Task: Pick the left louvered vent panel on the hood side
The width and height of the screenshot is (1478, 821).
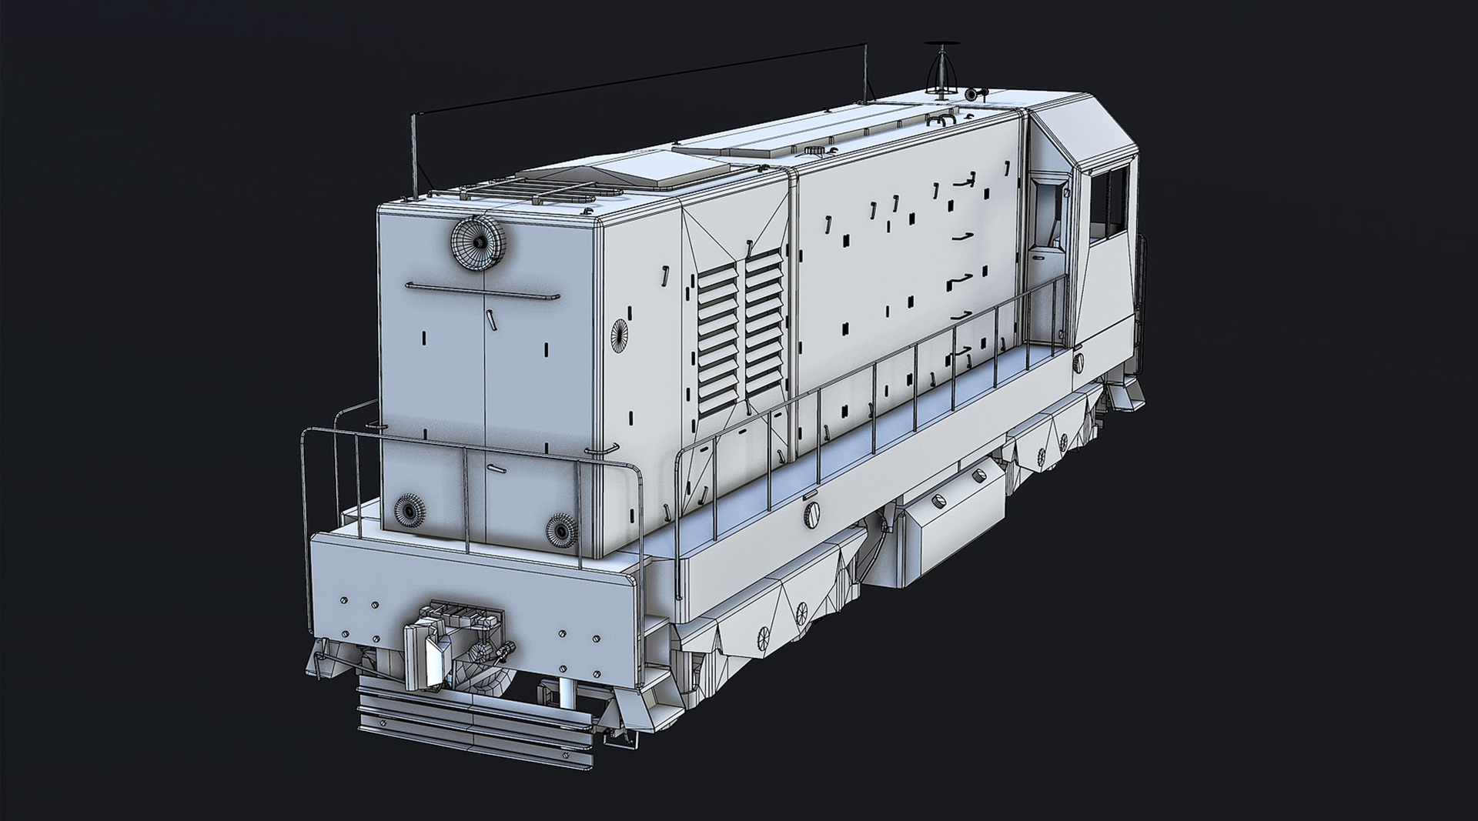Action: coord(718,337)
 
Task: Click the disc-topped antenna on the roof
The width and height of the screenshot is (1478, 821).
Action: coord(938,69)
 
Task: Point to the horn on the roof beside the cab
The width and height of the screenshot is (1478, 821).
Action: coord(975,94)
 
